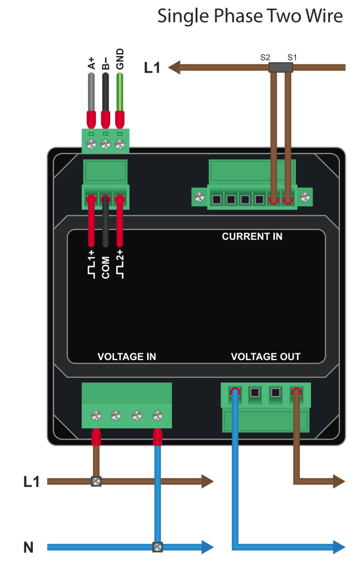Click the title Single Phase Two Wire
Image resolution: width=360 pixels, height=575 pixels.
pos(250,16)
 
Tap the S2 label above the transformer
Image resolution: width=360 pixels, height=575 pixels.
pos(265,57)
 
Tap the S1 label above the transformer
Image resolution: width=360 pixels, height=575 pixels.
pos(292,57)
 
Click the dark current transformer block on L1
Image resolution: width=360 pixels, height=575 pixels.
pos(281,67)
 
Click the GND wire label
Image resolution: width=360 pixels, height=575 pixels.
pos(120,59)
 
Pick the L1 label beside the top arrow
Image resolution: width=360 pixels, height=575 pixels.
pos(152,68)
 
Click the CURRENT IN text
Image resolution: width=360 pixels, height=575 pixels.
pos(252,236)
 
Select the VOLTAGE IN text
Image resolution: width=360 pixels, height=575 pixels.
pos(127,357)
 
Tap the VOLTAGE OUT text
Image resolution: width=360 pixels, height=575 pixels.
pos(265,357)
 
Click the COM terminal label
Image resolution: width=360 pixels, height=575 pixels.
pos(105,267)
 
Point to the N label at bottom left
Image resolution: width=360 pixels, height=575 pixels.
pos(28,547)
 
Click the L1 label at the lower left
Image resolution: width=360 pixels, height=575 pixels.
pos(31,481)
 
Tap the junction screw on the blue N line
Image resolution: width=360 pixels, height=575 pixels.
pos(158,547)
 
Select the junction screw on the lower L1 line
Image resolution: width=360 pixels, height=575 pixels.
pos(96,481)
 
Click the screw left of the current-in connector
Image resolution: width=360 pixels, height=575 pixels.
pos(199,197)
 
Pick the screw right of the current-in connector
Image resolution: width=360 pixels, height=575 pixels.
pos(305,197)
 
